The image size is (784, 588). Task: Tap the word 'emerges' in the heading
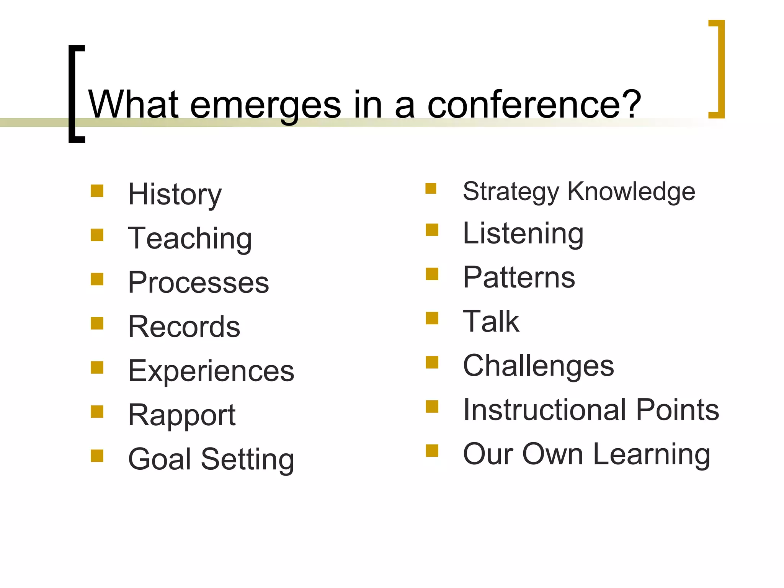[265, 105]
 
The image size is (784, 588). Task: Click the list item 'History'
[175, 195]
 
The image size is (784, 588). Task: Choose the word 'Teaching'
[190, 238]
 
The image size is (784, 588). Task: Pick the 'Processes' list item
[198, 283]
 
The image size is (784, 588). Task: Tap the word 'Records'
[184, 327]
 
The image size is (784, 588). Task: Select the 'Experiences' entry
[211, 371]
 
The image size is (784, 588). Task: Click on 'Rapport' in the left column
[182, 415]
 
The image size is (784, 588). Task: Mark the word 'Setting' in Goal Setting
[248, 459]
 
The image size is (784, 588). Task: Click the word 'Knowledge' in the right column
[631, 191]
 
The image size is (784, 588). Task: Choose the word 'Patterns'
[519, 278]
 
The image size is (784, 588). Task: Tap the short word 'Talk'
[491, 322]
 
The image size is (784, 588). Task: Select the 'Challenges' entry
[539, 366]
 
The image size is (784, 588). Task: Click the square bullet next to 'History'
[97, 191]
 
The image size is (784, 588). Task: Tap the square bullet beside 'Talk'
[432, 318]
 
